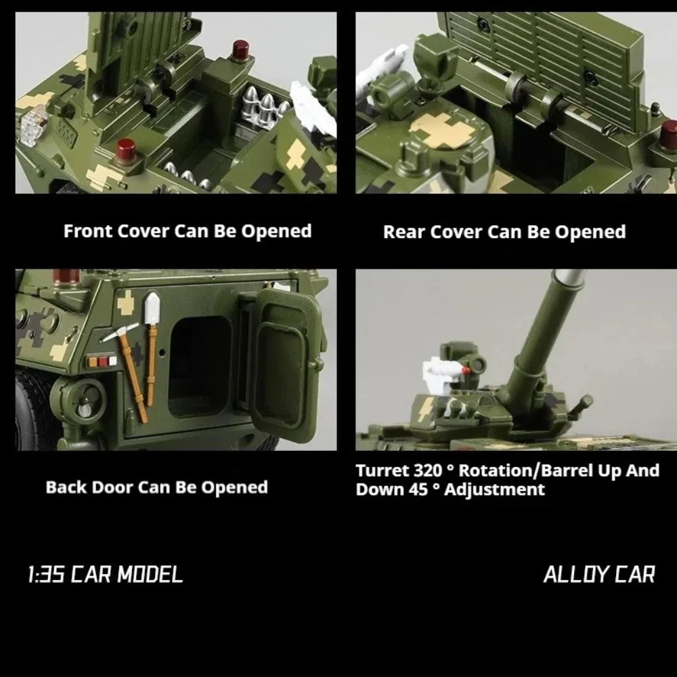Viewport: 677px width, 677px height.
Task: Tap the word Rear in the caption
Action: pos(404,232)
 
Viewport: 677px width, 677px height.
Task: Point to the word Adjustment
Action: pos(494,490)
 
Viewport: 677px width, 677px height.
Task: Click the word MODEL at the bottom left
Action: pos(150,575)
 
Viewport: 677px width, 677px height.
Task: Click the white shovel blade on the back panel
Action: pos(152,307)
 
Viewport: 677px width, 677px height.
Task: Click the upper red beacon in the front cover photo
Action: pos(240,51)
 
